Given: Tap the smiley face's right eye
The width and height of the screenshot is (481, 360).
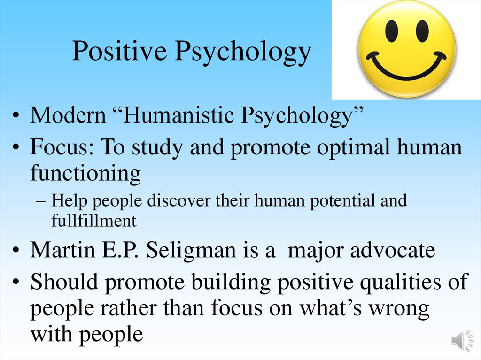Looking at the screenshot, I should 422,31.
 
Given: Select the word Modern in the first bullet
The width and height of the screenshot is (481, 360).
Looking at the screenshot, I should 68,116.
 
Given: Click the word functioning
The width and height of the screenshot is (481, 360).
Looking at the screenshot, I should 85,174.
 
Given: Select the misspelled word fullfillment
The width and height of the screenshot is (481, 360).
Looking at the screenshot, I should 94,220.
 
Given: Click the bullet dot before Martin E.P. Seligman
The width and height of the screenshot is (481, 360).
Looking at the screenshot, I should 17,251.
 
